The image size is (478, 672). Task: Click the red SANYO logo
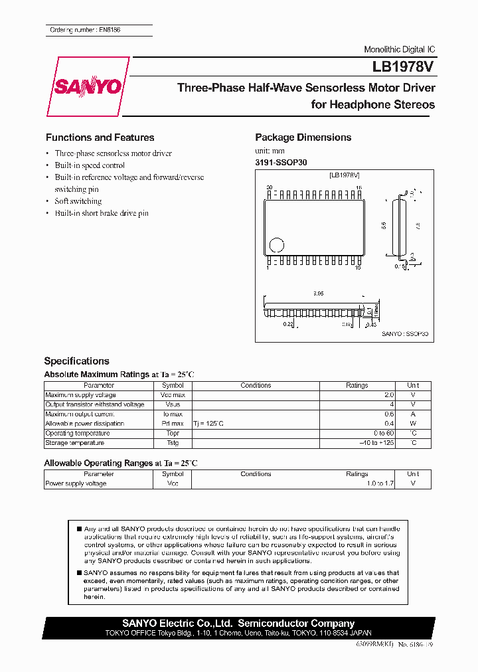click(x=87, y=87)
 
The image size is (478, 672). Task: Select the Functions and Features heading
click(x=100, y=137)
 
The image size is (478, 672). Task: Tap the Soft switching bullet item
click(x=78, y=201)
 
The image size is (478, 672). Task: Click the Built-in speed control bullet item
click(x=90, y=165)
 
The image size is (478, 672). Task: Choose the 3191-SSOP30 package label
click(x=281, y=162)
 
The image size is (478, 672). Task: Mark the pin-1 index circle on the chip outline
click(x=279, y=244)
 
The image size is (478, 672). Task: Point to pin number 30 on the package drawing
click(x=269, y=188)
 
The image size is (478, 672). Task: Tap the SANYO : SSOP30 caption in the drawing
click(x=405, y=335)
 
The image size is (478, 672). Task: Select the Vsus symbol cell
click(x=173, y=404)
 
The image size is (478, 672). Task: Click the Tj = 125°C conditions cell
click(x=208, y=424)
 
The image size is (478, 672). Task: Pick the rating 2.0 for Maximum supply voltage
click(x=388, y=395)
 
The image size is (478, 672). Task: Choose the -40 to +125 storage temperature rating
click(x=376, y=443)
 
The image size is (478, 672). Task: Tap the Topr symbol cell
click(x=173, y=433)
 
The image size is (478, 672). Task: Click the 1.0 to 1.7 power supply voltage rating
click(x=380, y=483)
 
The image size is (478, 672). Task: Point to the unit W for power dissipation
click(x=413, y=424)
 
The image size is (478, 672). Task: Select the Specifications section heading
click(x=76, y=361)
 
